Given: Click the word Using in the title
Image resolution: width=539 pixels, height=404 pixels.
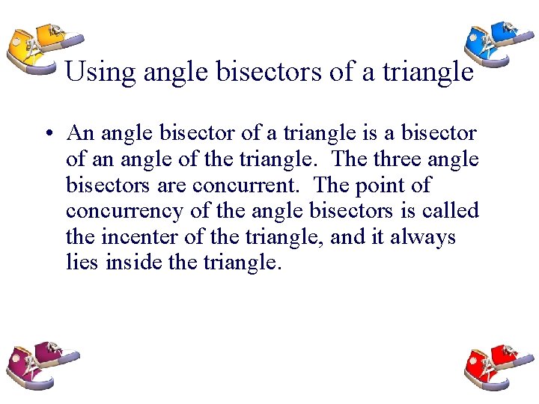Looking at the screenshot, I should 100,73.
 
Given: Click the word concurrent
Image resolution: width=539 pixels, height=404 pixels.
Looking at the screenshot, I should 260,186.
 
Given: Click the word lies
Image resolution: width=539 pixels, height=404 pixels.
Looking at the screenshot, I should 82,263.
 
